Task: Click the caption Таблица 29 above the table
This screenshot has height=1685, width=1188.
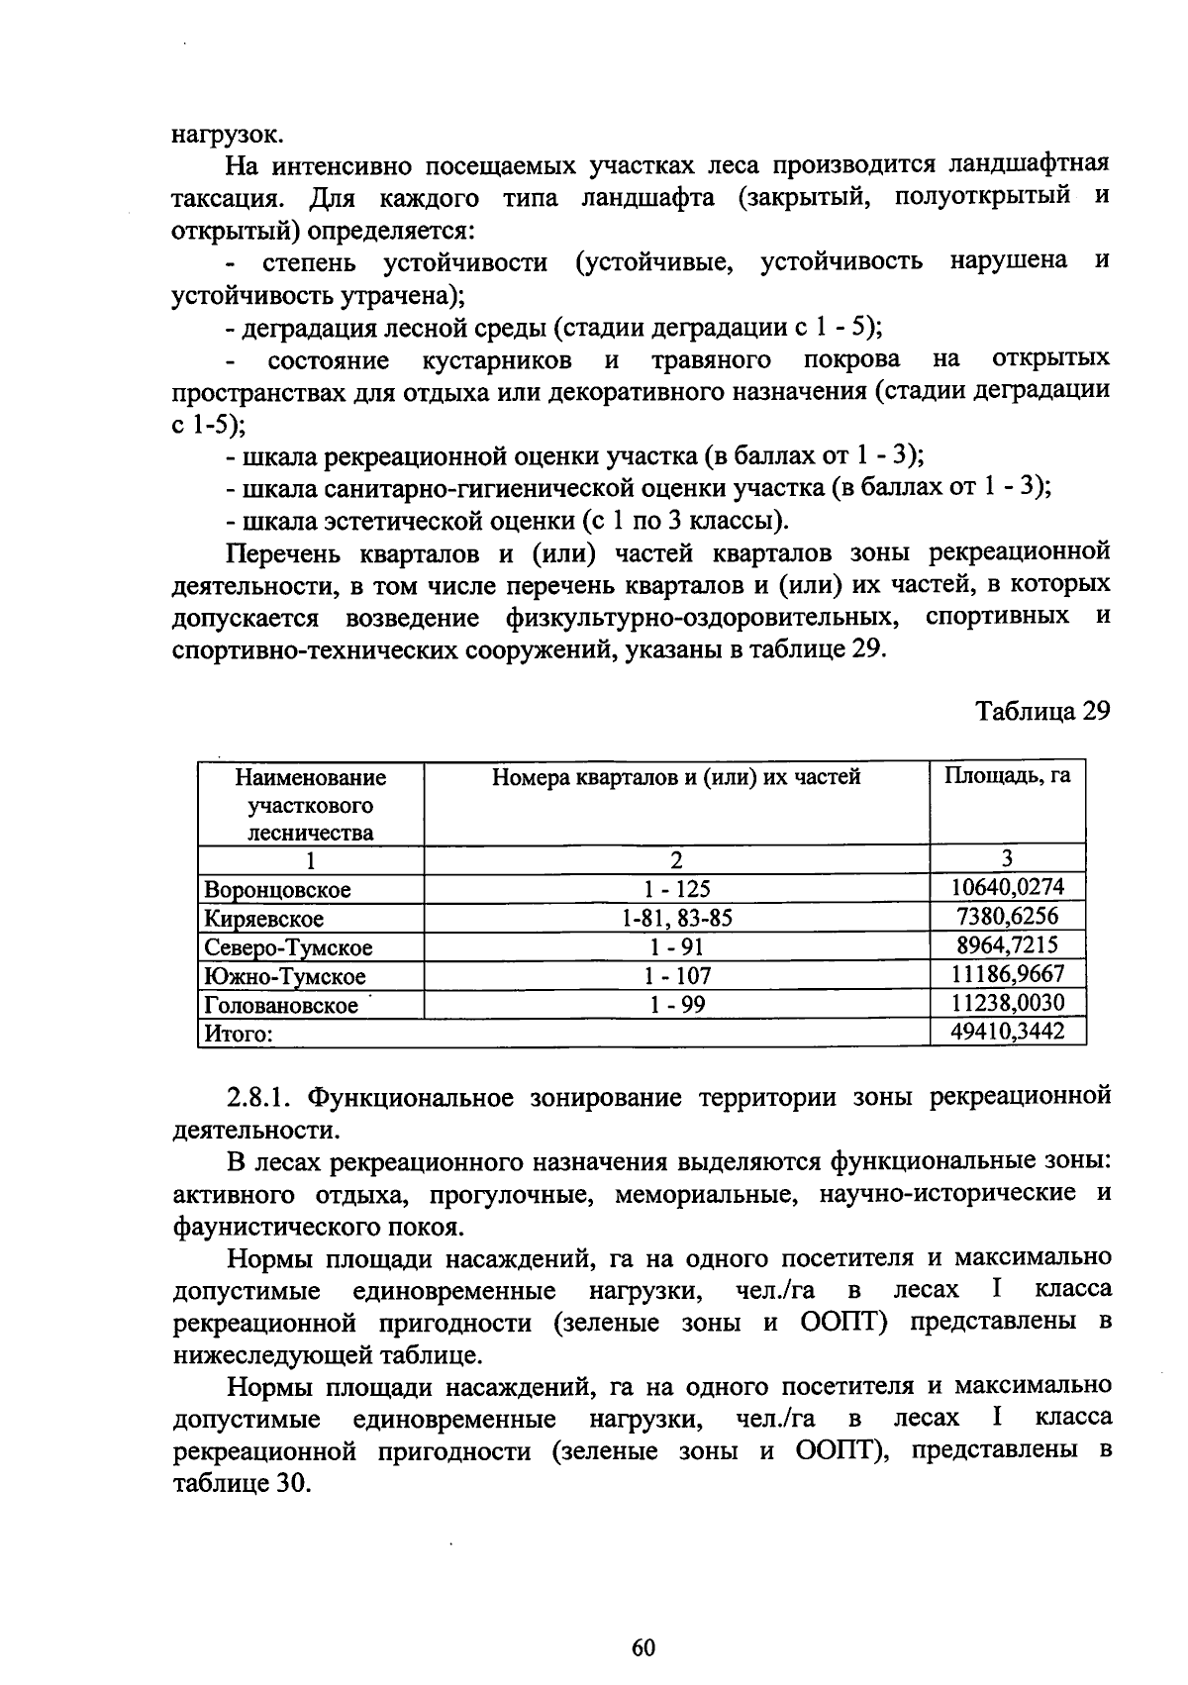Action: coord(1042,712)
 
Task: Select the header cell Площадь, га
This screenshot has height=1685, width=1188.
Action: coord(1007,777)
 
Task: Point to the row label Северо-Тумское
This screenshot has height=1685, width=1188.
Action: coord(288,947)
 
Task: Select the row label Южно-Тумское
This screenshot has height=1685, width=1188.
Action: coord(284,977)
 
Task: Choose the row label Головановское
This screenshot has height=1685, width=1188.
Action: coord(281,1006)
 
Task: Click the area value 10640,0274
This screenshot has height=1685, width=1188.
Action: coord(1007,887)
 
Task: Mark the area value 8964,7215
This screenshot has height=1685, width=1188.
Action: coord(1007,945)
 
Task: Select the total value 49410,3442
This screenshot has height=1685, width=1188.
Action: coord(1007,1033)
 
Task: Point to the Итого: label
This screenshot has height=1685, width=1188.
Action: coord(238,1035)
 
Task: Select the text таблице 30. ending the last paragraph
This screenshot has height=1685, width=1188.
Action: coord(242,1484)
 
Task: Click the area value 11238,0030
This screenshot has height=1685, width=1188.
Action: coord(1007,1004)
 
